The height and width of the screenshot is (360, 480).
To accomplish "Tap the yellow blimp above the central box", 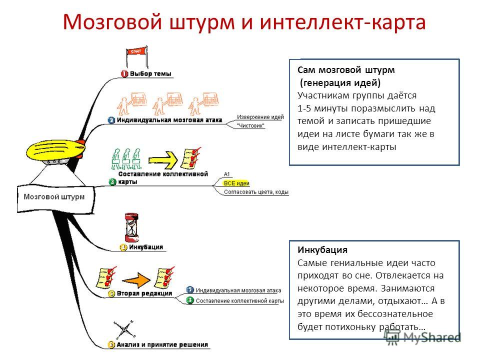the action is click(55, 151).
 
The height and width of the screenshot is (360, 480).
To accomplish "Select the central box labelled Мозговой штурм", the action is click(55, 198).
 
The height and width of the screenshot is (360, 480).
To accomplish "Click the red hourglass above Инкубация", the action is click(131, 227).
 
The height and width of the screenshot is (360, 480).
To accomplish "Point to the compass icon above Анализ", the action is click(124, 329).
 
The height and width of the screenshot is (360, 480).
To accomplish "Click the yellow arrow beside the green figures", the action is click(163, 160).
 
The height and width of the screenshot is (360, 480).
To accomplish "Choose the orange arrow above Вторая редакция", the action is click(136, 280).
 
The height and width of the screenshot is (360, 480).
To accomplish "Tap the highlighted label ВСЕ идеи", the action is click(236, 183).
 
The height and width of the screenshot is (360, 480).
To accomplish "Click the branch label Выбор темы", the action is click(150, 73).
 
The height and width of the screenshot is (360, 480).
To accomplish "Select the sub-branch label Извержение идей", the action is click(260, 116).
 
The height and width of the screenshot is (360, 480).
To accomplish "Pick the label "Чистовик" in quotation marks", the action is click(250, 125).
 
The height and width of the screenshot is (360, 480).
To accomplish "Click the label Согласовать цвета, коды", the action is click(256, 192).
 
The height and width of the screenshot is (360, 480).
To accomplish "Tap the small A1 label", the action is click(227, 174).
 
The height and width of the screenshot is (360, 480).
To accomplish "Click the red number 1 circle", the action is click(124, 74).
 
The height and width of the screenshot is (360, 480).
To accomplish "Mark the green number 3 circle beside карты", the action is click(112, 182).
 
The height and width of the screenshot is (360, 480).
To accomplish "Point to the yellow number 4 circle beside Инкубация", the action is click(123, 247).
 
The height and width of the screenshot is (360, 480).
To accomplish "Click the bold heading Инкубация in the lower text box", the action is click(322, 250).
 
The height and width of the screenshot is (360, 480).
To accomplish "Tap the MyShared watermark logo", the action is click(422, 337).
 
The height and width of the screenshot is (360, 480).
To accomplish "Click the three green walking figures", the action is click(126, 159).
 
